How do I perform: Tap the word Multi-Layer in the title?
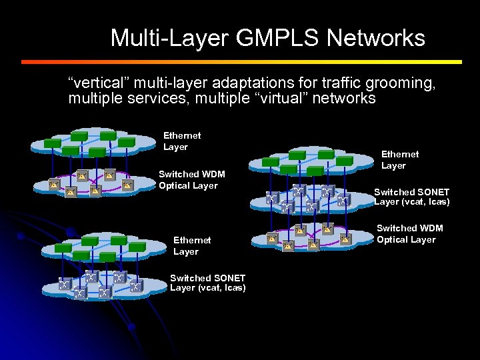(170, 38)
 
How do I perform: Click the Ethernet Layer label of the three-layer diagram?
(399, 159)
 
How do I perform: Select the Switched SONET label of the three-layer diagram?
(411, 197)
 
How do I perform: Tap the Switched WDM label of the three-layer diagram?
(409, 233)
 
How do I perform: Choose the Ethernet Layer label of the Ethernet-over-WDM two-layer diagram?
(181, 141)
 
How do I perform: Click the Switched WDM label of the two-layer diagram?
(191, 180)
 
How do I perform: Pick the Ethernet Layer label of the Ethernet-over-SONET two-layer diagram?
(191, 245)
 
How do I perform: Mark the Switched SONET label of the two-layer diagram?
(207, 283)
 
